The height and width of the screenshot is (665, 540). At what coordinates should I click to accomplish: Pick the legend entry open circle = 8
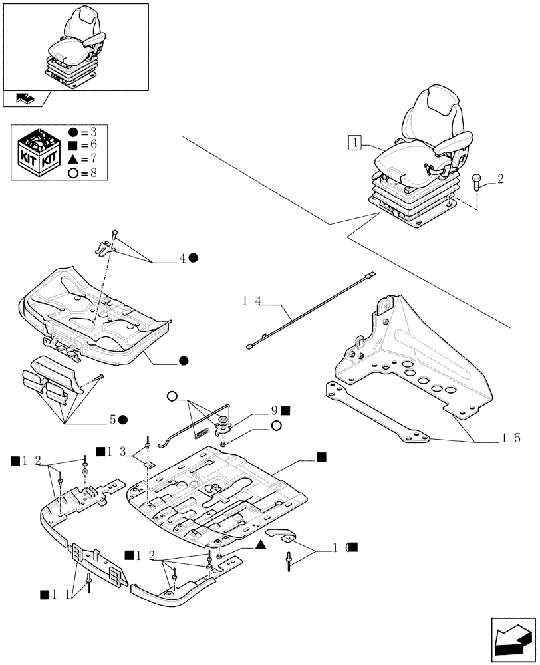tap(83, 173)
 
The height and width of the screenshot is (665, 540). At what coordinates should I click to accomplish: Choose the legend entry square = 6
tap(83, 145)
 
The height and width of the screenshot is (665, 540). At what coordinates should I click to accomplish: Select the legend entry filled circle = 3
tap(83, 132)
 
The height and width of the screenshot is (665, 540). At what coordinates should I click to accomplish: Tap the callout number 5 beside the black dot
tap(114, 420)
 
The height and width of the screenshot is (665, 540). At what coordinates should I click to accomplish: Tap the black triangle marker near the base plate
tap(261, 545)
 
